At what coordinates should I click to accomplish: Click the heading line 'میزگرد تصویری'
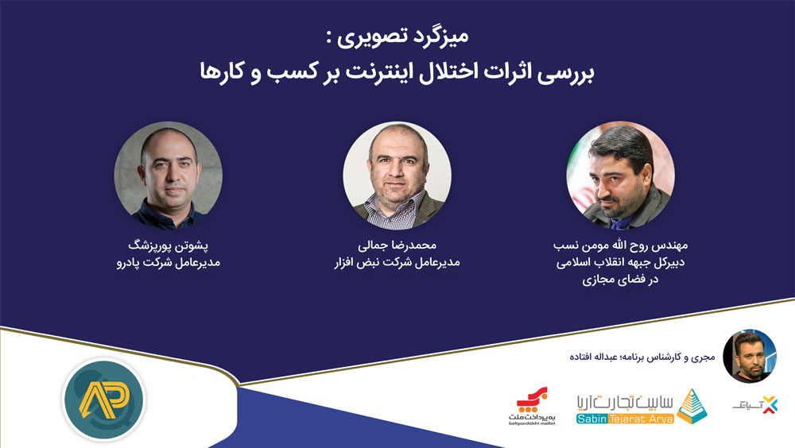pyautogui.click(x=397, y=37)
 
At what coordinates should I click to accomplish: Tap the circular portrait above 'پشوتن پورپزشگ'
pyautogui.click(x=169, y=176)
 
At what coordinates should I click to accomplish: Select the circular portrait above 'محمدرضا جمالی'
pyautogui.click(x=397, y=176)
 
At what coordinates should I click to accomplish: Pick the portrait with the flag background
pyautogui.click(x=621, y=176)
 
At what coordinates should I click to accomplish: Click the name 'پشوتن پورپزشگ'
pyautogui.click(x=169, y=245)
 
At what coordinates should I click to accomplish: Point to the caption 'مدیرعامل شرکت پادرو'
pyautogui.click(x=169, y=262)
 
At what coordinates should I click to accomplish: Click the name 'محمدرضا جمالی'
pyautogui.click(x=397, y=245)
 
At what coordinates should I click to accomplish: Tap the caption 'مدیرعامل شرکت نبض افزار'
pyautogui.click(x=397, y=262)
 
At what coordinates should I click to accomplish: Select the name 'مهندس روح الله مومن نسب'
pyautogui.click(x=621, y=245)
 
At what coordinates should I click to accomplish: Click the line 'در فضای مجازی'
pyautogui.click(x=621, y=280)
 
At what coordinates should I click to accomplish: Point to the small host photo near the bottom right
pyautogui.click(x=750, y=356)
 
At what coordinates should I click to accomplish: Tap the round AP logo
pyautogui.click(x=104, y=399)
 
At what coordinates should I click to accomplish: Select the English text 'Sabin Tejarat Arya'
pyautogui.click(x=625, y=419)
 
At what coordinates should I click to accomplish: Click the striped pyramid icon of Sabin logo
pyautogui.click(x=692, y=406)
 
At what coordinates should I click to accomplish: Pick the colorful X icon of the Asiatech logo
pyautogui.click(x=770, y=405)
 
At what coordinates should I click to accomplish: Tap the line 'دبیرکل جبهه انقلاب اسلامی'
pyautogui.click(x=621, y=262)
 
